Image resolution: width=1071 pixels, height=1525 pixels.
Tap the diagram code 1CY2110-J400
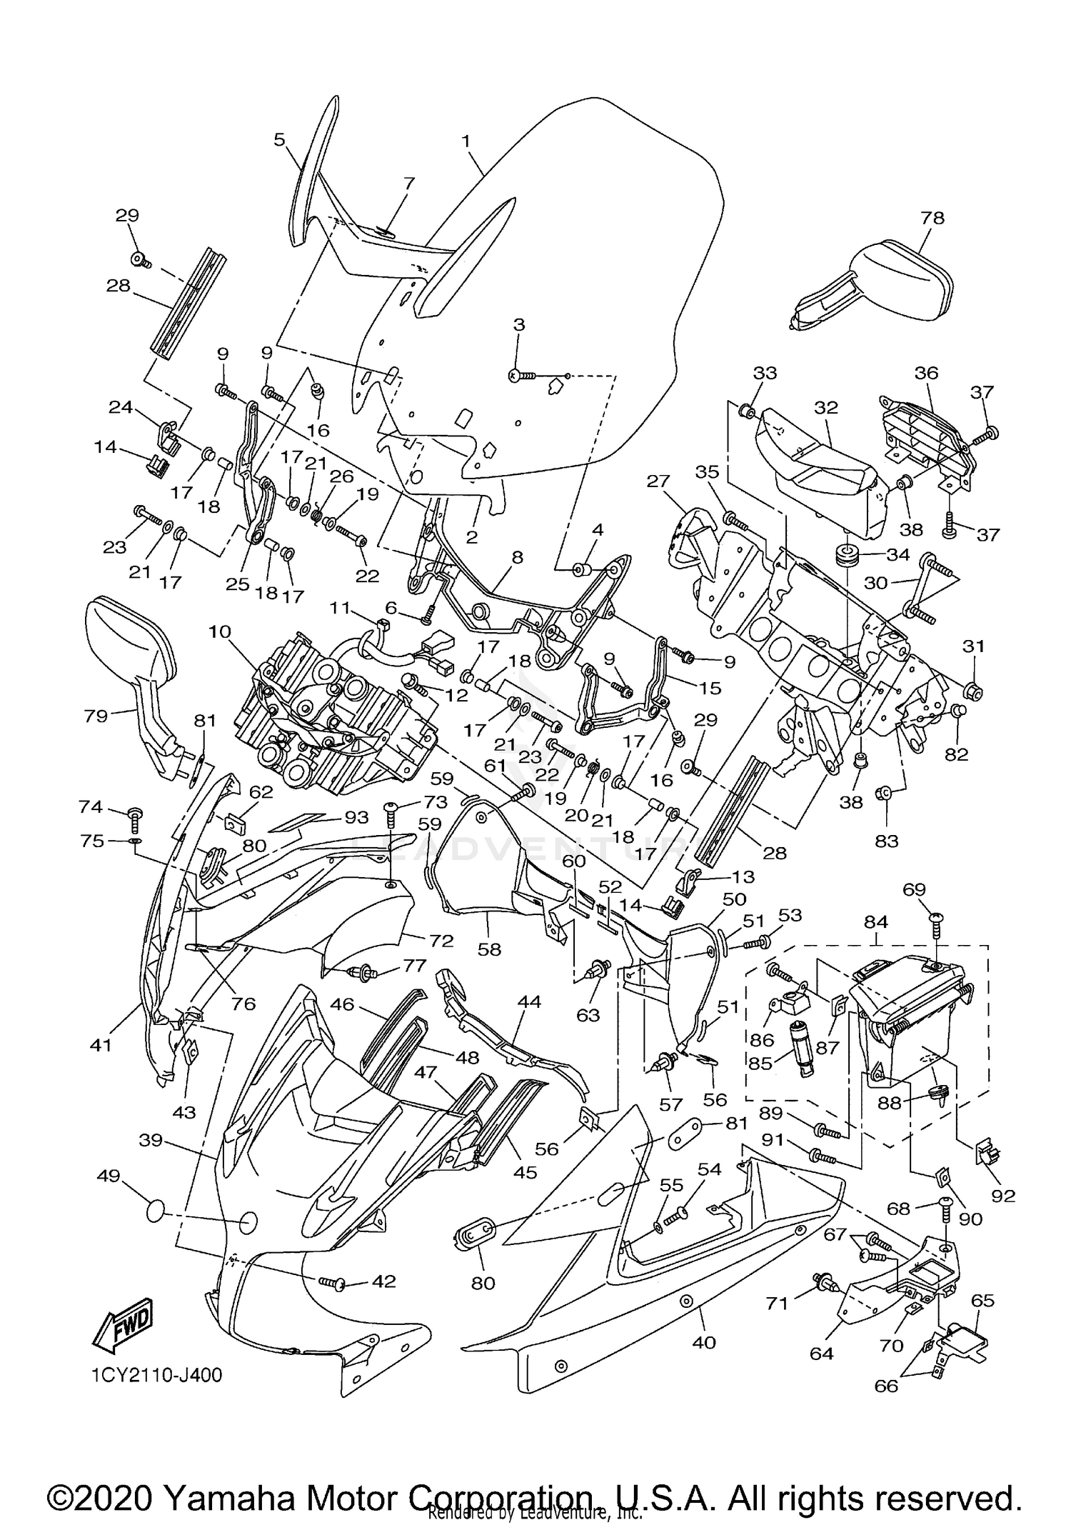157,1375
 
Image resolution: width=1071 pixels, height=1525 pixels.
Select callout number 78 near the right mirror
932,217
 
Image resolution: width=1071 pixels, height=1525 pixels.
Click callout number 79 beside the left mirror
96,715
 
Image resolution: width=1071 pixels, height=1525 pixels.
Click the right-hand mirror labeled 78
885,286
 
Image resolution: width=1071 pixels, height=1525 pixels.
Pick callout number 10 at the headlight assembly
221,631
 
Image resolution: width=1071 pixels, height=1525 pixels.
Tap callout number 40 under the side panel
703,1342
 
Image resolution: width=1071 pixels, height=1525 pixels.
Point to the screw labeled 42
332,1284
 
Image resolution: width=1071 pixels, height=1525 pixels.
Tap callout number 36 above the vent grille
927,372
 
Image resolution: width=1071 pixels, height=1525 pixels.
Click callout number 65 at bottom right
982,1300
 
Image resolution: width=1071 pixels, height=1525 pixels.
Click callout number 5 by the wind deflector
280,139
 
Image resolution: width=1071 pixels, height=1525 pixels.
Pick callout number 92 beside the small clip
1002,1196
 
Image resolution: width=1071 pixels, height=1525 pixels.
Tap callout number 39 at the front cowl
151,1141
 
